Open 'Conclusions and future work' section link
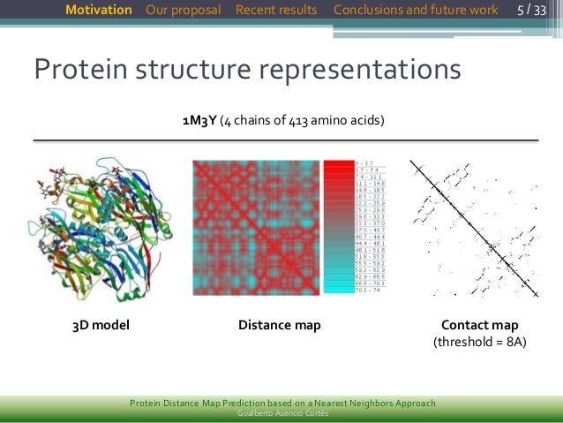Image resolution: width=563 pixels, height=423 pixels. [416, 10]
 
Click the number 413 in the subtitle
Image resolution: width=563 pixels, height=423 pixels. [297, 120]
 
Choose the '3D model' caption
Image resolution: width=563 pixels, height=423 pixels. [101, 325]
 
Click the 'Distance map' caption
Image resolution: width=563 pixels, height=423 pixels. [279, 325]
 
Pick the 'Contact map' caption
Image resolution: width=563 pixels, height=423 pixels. [479, 325]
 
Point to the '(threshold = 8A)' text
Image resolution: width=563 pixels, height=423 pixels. [479, 343]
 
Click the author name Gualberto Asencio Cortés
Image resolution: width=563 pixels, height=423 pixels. [281, 413]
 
